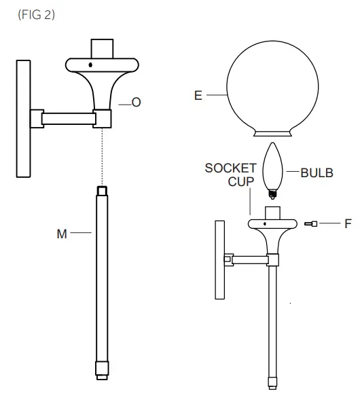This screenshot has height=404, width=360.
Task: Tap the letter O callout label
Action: coord(136,103)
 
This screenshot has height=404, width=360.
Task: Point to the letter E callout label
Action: coord(198,96)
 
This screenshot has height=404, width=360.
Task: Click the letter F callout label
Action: coord(348,223)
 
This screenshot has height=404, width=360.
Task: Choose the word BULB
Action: coord(317,172)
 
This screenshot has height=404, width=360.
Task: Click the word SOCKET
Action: coord(231,168)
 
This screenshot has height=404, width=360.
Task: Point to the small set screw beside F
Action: coord(312,223)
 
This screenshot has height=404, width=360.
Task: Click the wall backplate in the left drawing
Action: coord(24,119)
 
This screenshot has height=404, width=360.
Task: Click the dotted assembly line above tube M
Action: coord(102,156)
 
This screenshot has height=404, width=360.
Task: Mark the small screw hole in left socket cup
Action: coord(91,67)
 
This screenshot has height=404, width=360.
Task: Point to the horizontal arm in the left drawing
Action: coord(68,119)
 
